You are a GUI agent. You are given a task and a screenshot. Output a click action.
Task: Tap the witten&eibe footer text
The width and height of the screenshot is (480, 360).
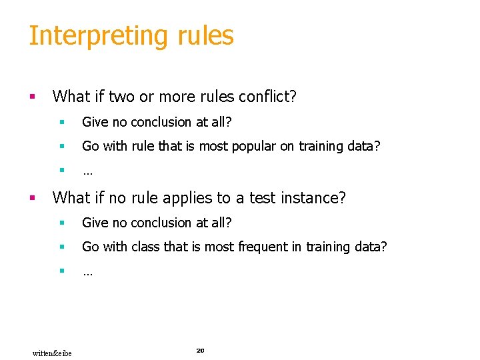click(52, 352)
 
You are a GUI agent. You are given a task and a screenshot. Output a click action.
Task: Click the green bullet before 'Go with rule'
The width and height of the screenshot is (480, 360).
click(61, 147)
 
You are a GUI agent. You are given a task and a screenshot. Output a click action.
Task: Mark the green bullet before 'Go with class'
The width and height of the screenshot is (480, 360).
click(61, 247)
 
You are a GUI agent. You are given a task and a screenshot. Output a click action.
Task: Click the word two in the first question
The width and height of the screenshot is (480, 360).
click(121, 97)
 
